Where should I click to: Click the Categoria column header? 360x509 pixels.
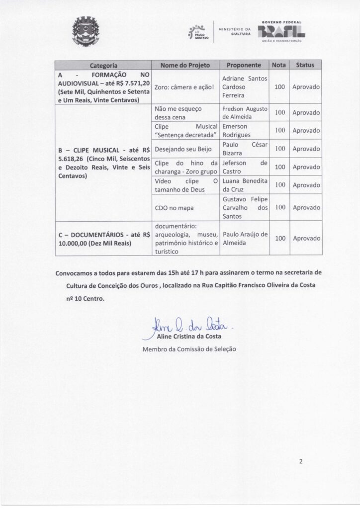pos(103,65)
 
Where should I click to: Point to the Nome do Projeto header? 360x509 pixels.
pos(185,65)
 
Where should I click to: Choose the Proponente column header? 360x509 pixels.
pos(244,65)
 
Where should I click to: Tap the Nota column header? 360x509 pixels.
pos(278,65)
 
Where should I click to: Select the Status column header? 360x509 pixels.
pos(305,65)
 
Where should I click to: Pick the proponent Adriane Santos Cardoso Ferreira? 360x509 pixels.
pos(244,86)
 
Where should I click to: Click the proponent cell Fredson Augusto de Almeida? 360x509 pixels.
pos(244,113)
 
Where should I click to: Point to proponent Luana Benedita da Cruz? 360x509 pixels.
pos(244,184)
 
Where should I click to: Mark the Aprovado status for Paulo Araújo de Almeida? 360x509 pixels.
pos(305,238)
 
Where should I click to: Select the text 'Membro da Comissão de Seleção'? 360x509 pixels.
pos(189,348)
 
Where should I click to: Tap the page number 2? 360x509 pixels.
pos(301,461)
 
